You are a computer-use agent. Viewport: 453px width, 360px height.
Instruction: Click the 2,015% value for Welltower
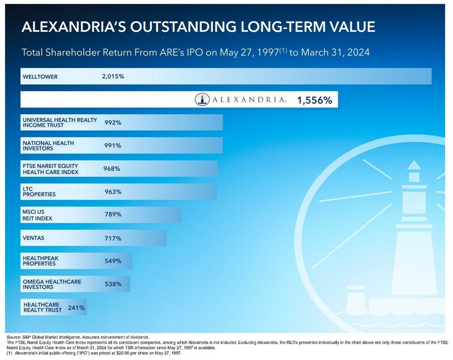click(113, 76)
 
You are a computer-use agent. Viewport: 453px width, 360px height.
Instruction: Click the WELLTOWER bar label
click(40, 76)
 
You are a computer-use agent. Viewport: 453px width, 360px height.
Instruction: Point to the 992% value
click(113, 123)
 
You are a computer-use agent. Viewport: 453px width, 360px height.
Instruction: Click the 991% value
click(113, 146)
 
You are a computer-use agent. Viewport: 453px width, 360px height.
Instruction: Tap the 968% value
click(112, 168)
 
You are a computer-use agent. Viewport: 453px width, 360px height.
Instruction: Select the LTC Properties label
click(39, 191)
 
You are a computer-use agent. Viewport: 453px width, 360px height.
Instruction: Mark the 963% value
click(113, 191)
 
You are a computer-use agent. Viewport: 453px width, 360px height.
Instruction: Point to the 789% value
click(113, 215)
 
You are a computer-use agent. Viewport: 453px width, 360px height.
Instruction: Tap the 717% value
click(113, 238)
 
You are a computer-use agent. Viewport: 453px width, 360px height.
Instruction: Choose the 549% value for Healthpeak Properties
click(113, 261)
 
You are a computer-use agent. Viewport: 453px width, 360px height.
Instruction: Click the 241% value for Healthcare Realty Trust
click(76, 308)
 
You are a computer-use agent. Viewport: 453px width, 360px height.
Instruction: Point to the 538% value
click(113, 284)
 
